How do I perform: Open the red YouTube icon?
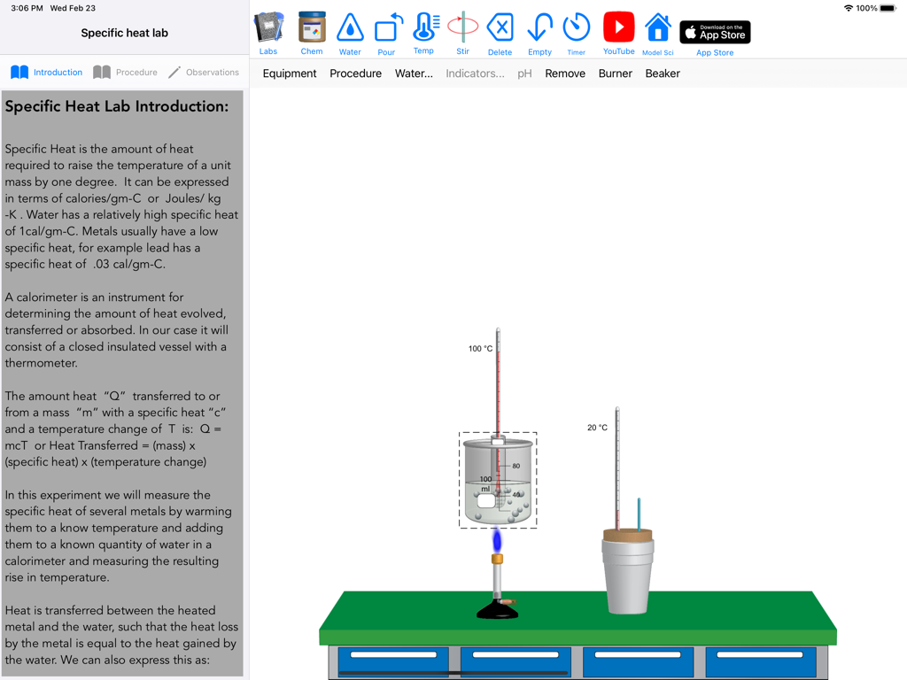[x=618, y=28]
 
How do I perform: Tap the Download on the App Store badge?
[x=715, y=33]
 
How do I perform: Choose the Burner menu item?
[x=615, y=73]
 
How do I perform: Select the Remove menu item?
[x=565, y=73]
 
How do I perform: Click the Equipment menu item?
[x=290, y=73]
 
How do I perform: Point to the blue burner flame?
[x=497, y=539]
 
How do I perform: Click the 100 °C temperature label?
[x=480, y=349]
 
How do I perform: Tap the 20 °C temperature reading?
[x=597, y=428]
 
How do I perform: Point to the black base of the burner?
[x=498, y=610]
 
